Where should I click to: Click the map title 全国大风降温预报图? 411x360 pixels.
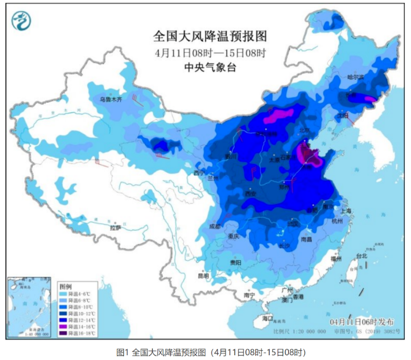[x=210, y=36]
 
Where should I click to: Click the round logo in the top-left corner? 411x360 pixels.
[x=22, y=20]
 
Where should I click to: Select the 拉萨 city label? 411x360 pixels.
[x=115, y=228]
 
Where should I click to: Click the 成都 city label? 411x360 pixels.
[x=215, y=227]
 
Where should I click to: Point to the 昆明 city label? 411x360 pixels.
[x=203, y=276]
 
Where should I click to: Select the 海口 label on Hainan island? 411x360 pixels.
[x=268, y=318]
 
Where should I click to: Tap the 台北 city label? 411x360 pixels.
[x=362, y=256]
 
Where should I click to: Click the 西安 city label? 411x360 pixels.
[x=250, y=194]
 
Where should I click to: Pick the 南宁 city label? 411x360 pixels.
[x=249, y=295]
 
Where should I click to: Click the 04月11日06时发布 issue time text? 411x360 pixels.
[x=362, y=321]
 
